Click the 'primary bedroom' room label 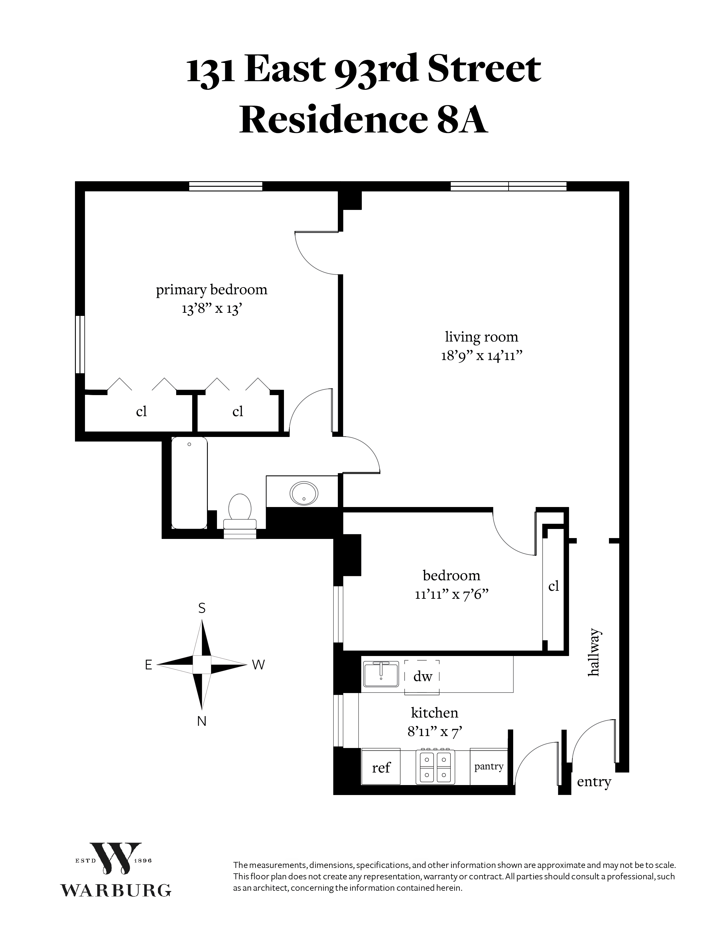(212, 290)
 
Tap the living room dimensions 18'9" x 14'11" (482, 356)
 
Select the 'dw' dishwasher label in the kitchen (423, 676)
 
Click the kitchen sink (381, 675)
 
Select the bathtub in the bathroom (190, 483)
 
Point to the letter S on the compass (202, 608)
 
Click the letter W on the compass (258, 665)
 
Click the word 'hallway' (594, 652)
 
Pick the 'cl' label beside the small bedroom (553, 586)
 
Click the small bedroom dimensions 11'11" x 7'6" (451, 594)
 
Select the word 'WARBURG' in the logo (115, 890)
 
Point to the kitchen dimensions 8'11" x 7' (434, 731)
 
